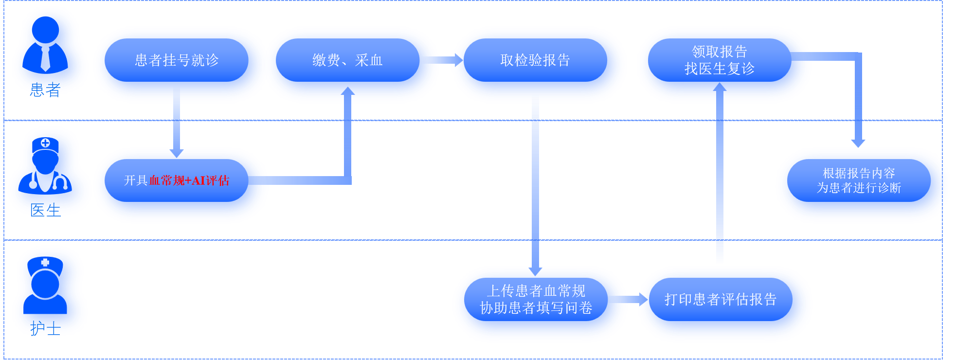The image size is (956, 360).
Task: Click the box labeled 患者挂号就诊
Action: [x=177, y=60]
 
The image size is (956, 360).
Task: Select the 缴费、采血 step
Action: [x=347, y=60]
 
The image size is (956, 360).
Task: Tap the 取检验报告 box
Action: [x=535, y=60]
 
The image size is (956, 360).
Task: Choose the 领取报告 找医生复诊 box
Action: [x=720, y=60]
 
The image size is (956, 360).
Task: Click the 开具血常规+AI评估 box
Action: [x=177, y=180]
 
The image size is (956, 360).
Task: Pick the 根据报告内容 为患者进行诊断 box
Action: [x=859, y=180]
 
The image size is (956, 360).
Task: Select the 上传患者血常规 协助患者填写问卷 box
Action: [x=536, y=299]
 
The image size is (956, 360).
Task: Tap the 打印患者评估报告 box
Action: [x=721, y=299]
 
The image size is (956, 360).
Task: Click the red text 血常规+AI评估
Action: [x=189, y=180]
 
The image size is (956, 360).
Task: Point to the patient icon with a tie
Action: [x=46, y=49]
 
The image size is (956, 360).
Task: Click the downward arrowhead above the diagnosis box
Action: [x=858, y=143]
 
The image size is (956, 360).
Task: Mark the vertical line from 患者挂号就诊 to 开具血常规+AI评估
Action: [x=177, y=125]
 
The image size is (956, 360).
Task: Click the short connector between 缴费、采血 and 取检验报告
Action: [x=445, y=60]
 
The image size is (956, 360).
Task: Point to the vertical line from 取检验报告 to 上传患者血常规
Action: [x=535, y=185]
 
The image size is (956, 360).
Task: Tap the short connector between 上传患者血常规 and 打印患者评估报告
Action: [x=632, y=299]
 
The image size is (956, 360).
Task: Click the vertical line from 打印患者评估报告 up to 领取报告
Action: [x=720, y=185]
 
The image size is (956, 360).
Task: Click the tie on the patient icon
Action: [x=45, y=59]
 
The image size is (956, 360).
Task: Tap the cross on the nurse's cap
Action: [x=45, y=263]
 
